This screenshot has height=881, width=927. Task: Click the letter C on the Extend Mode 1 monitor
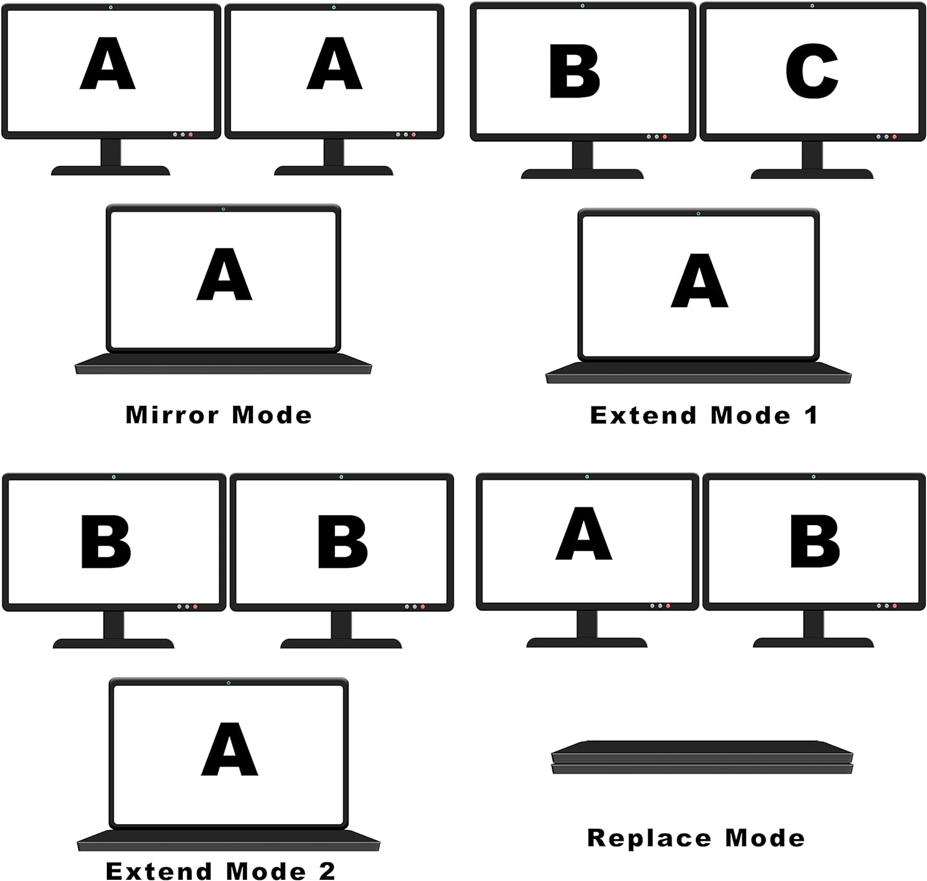click(x=811, y=71)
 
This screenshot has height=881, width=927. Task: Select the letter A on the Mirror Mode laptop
click(x=224, y=275)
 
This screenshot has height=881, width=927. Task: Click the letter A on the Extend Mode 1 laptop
click(x=699, y=281)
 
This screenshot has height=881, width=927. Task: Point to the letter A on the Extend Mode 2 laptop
click(x=229, y=749)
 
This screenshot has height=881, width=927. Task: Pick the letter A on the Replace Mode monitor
click(x=584, y=534)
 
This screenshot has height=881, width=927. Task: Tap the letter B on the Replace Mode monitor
click(x=815, y=542)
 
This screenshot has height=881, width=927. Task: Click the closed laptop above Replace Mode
click(x=701, y=757)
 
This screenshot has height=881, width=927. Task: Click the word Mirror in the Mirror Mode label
click(x=172, y=415)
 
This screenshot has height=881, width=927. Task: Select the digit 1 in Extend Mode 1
click(x=811, y=415)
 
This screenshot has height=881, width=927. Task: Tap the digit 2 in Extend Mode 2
click(x=327, y=871)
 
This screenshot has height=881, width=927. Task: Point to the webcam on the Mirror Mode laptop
click(x=223, y=209)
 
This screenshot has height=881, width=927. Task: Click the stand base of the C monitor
click(x=811, y=174)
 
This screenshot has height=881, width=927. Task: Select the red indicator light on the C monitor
click(x=894, y=137)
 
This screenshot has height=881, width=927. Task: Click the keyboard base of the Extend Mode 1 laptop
click(x=698, y=373)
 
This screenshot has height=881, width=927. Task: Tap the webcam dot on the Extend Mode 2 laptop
click(x=229, y=683)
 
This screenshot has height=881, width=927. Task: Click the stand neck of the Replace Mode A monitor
click(x=586, y=624)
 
